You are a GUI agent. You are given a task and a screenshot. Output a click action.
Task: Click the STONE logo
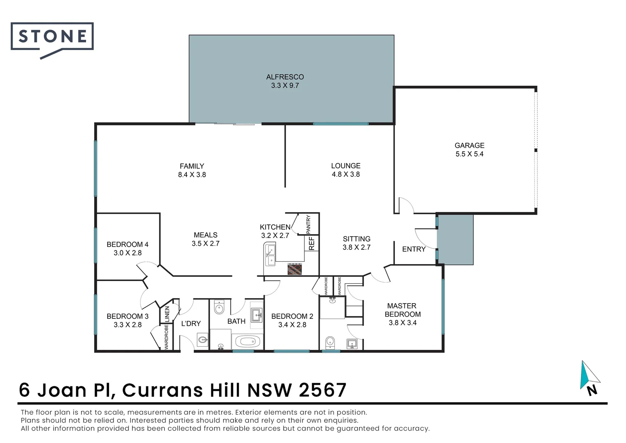[52, 37]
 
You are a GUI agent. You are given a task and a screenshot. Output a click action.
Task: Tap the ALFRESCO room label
[285, 77]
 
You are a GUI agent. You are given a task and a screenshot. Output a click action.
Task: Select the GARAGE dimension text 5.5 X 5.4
[469, 154]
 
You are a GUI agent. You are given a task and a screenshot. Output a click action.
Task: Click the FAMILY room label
[192, 166]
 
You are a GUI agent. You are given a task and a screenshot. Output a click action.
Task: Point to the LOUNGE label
[345, 166]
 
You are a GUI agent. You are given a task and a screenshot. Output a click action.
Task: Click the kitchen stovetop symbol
[295, 269]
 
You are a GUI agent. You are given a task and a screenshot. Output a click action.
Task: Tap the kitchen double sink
[270, 255]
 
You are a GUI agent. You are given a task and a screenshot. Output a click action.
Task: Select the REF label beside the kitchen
[311, 243]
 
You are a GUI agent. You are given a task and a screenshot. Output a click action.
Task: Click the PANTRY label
[308, 224]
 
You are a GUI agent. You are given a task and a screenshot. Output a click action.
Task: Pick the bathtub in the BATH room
[247, 341]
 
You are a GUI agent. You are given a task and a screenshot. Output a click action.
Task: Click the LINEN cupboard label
[167, 314]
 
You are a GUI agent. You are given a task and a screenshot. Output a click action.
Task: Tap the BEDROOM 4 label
[127, 244]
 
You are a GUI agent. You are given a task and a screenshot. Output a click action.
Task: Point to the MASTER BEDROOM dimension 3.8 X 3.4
[402, 323]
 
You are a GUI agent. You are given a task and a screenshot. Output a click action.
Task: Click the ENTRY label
[413, 249]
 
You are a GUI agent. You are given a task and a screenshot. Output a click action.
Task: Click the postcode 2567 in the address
[322, 390]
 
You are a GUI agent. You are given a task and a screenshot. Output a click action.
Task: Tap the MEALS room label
[205, 235]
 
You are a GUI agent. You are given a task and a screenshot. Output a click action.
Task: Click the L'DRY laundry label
[191, 324]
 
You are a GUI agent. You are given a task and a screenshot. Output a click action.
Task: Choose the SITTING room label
[356, 239]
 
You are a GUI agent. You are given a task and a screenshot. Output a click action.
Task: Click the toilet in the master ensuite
[330, 342]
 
